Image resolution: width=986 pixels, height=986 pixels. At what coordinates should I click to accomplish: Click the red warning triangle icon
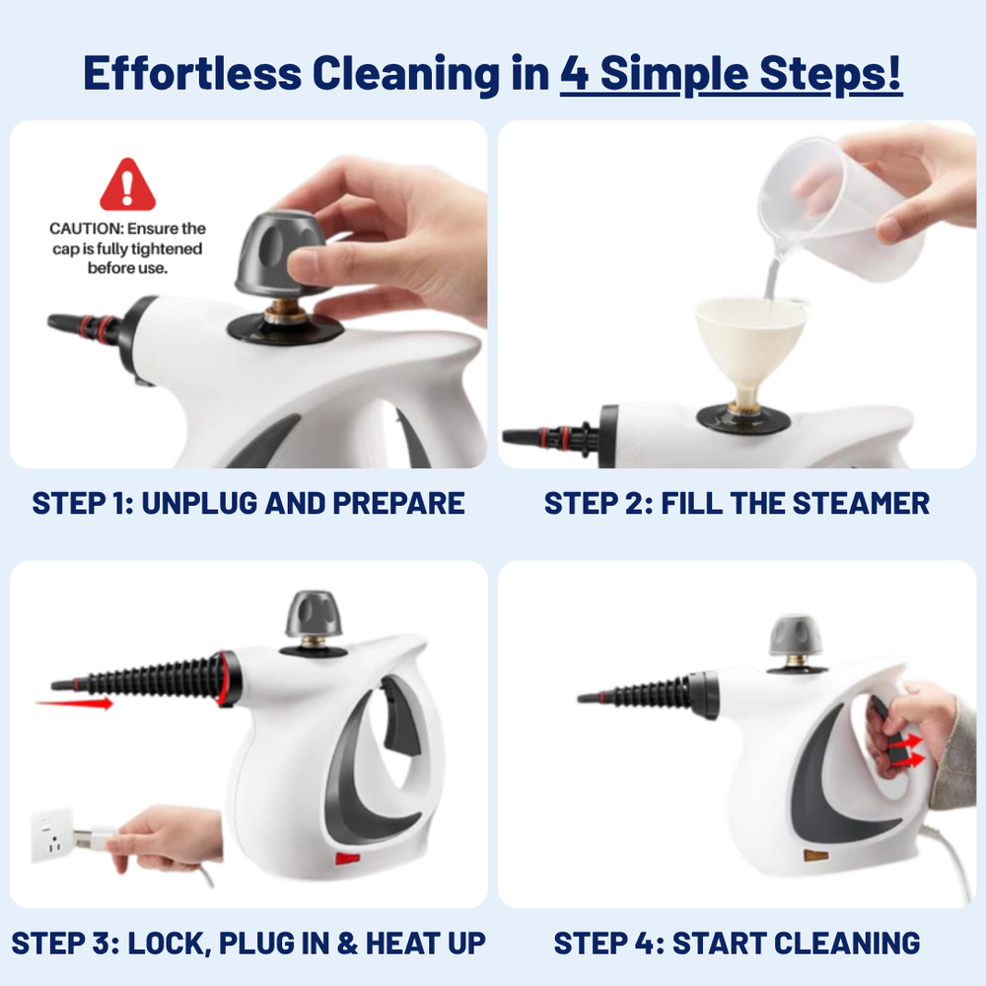click(127, 187)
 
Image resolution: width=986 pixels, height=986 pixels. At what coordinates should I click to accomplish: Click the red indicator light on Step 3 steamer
click(346, 858)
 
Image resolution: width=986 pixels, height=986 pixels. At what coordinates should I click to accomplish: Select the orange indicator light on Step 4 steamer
click(815, 855)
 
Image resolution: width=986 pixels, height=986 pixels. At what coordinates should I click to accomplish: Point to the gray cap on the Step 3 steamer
click(314, 614)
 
